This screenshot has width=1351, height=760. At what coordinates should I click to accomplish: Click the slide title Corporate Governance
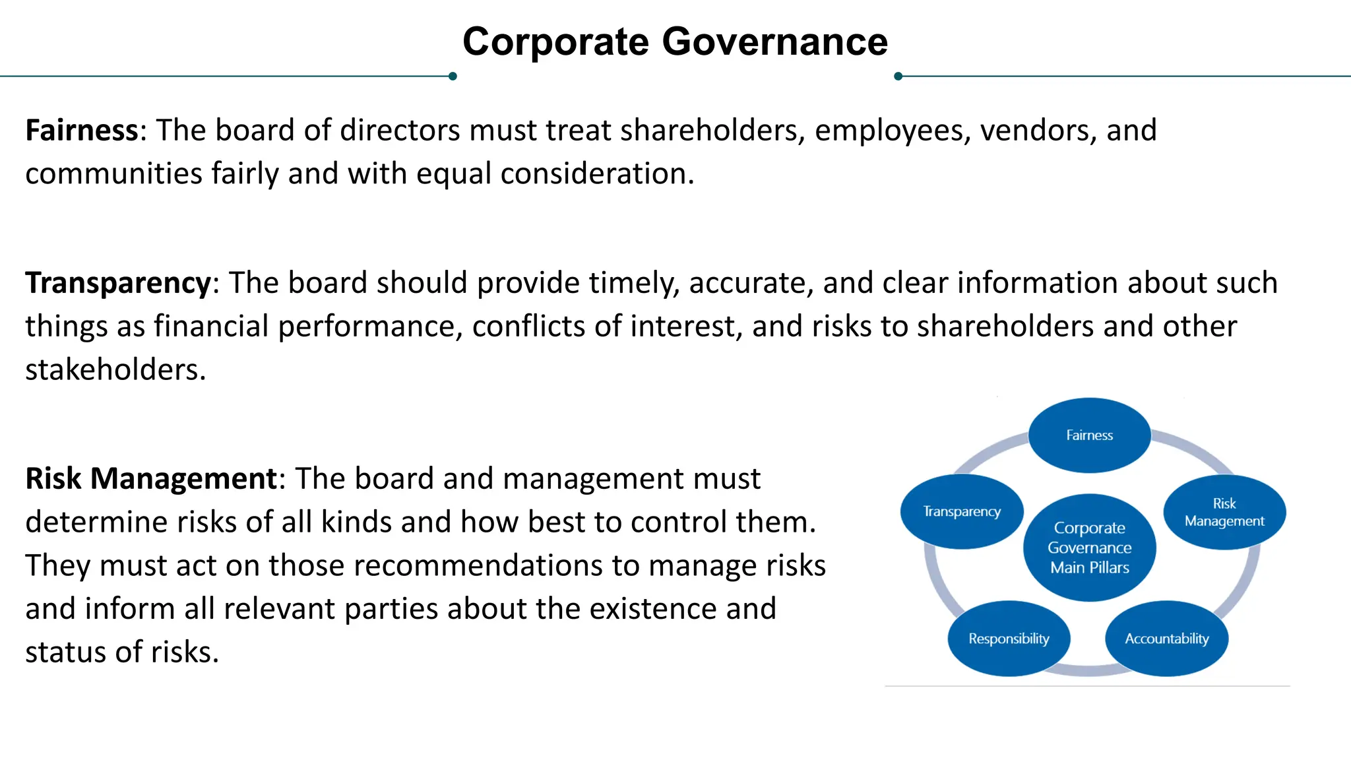click(x=675, y=42)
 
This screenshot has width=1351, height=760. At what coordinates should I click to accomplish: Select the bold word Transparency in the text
click(x=118, y=282)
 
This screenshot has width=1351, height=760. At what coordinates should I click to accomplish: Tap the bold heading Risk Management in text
click(x=151, y=478)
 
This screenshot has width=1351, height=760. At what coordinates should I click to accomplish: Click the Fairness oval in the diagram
click(x=1090, y=435)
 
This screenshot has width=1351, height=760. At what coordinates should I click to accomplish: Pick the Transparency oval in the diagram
click(x=962, y=511)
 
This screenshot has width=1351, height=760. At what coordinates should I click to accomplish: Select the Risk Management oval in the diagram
click(x=1224, y=512)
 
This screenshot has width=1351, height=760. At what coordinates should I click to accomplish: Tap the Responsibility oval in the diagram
click(x=1009, y=639)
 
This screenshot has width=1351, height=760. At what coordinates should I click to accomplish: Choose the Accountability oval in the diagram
click(x=1166, y=639)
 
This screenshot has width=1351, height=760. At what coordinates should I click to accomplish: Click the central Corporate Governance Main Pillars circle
click(x=1090, y=548)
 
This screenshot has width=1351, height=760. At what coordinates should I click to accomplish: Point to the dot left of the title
click(x=453, y=77)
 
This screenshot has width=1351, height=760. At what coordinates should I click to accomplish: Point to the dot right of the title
click(x=898, y=77)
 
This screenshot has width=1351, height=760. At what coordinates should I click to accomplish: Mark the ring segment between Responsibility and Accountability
click(x=1087, y=671)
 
